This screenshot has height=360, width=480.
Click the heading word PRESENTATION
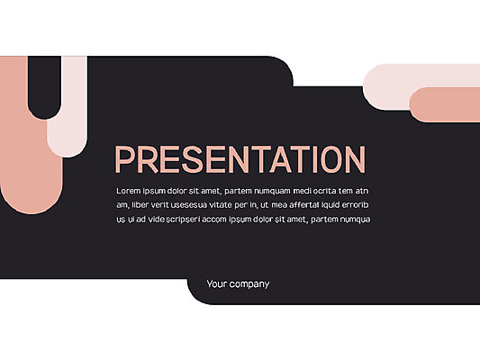(240, 159)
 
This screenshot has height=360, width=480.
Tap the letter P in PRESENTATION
(125, 159)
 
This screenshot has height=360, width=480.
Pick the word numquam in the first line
(273, 191)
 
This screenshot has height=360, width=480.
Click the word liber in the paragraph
(140, 204)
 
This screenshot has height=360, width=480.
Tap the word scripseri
(183, 220)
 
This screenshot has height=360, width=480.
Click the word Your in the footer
(215, 283)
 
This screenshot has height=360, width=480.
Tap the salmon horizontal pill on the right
(445, 104)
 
